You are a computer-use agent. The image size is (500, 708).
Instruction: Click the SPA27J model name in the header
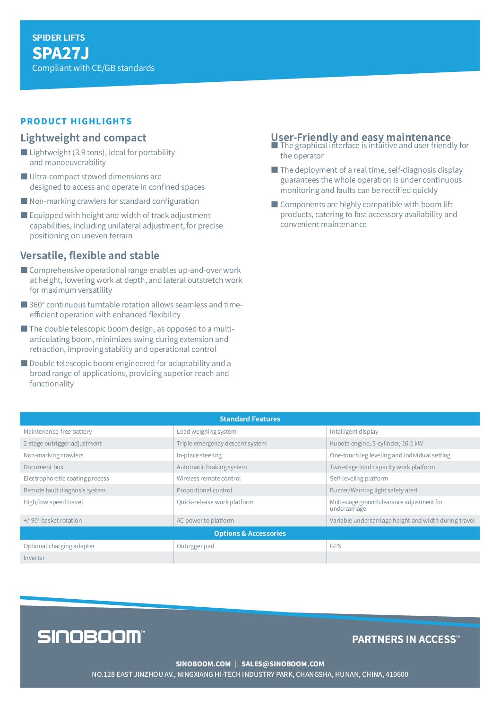[x=60, y=53]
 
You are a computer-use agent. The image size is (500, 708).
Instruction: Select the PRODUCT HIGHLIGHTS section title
[x=76, y=122]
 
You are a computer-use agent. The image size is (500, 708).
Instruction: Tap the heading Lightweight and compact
[x=83, y=138]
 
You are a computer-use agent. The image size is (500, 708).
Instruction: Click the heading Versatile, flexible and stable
[x=90, y=255]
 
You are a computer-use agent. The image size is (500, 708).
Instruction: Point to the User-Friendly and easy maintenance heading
[x=361, y=137]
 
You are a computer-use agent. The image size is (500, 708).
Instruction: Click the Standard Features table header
[x=250, y=419]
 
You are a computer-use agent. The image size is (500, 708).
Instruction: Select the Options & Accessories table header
[x=250, y=533]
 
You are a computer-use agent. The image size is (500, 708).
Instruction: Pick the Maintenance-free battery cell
[x=58, y=432]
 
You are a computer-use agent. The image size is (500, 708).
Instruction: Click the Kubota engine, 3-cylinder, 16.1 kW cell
[x=376, y=444]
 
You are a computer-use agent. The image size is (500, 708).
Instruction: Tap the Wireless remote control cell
[x=208, y=479]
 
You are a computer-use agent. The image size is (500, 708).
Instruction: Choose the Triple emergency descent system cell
[x=221, y=444]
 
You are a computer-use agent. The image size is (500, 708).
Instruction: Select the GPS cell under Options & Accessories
[x=336, y=546]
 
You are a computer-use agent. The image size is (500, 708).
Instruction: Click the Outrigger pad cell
[x=195, y=546]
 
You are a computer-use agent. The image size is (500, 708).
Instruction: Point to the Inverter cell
[x=34, y=558]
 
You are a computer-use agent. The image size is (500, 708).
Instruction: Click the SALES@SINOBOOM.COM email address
[x=283, y=664]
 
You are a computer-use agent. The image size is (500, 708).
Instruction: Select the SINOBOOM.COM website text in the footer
[x=203, y=664]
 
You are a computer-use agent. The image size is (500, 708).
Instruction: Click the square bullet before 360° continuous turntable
[x=24, y=305]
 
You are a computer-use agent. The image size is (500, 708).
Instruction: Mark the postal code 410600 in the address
[x=397, y=674]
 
